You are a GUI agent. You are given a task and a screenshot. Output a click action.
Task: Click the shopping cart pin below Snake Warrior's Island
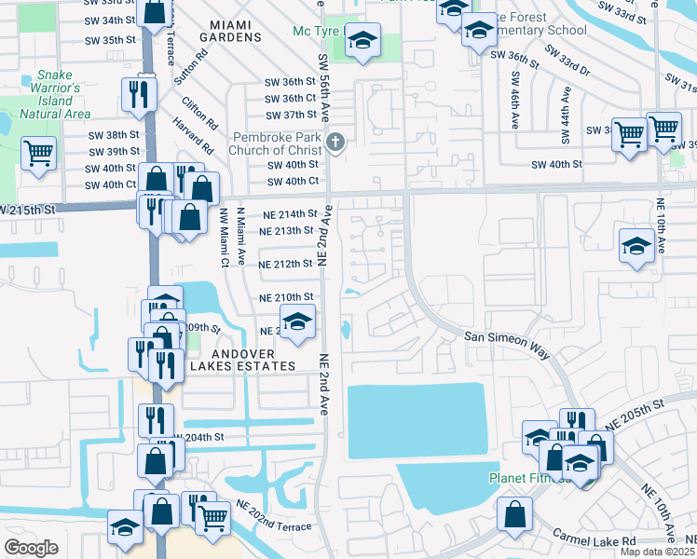point(38,154)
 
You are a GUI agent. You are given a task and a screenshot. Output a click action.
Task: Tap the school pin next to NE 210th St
point(297,322)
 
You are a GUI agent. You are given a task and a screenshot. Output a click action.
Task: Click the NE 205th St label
point(638,416)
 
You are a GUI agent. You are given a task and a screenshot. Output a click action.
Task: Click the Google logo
point(32,547)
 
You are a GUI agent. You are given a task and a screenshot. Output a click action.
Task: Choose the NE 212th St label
point(285,264)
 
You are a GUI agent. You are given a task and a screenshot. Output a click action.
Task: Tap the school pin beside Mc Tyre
point(363,41)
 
